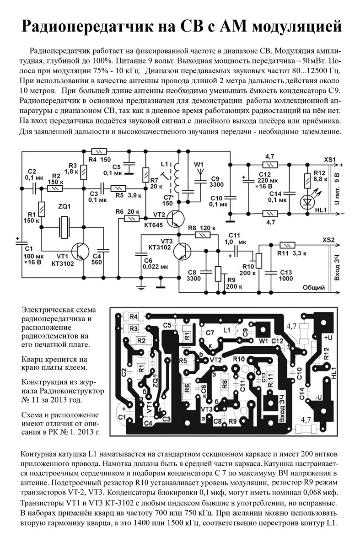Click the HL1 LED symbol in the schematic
[x=307, y=201]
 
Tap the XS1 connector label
[x=329, y=159]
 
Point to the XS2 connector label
[x=328, y=240]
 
